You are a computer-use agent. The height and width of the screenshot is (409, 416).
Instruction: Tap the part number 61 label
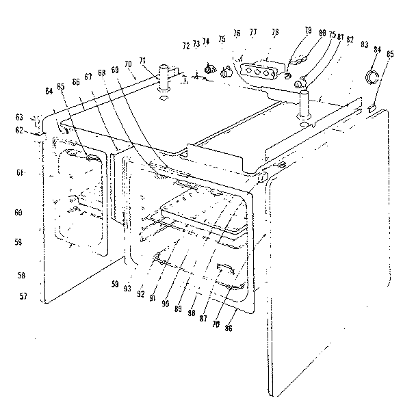click(21, 174)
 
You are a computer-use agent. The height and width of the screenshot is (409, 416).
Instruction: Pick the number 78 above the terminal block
click(275, 32)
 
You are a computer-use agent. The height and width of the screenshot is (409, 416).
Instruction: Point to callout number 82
click(350, 40)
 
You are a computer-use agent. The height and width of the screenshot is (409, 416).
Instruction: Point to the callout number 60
click(21, 213)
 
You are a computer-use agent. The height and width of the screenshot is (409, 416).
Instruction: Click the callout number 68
click(102, 72)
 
